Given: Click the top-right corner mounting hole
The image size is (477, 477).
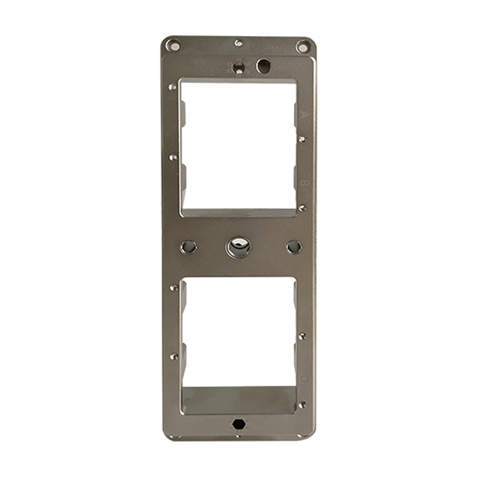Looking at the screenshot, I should (303, 45).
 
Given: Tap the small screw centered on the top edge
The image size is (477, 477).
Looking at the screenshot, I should (238, 43).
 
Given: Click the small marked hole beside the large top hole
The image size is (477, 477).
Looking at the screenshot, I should (238, 65).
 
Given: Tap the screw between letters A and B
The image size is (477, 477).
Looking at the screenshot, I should (303, 139).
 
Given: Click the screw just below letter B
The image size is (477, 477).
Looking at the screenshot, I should (302, 207).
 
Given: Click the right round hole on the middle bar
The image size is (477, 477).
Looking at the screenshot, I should (293, 246).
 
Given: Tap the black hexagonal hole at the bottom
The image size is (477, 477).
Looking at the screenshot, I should (238, 424).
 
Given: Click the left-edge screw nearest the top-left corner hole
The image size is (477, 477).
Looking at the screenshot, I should (174, 87).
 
